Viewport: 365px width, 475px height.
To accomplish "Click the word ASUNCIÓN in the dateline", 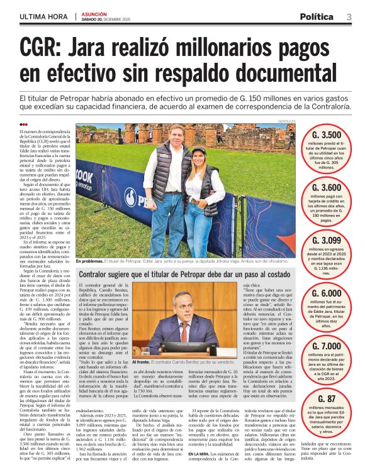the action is coord(94,13).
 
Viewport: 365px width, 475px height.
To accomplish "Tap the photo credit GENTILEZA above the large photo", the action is coord(287,121).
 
